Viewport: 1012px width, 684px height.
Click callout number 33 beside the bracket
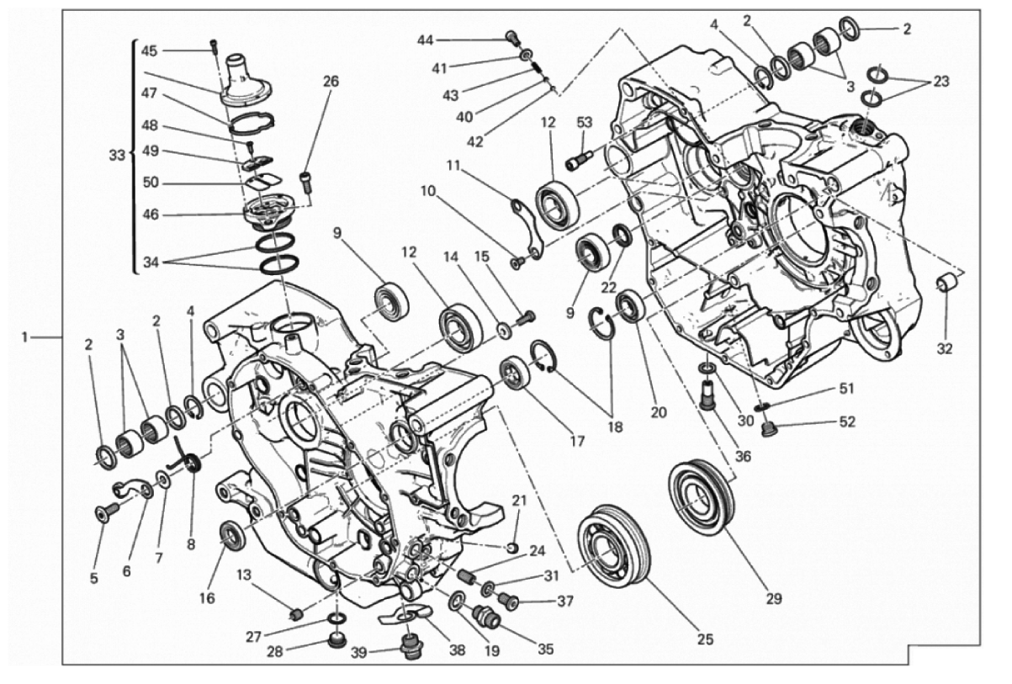coord(117,156)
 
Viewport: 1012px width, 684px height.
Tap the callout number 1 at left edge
coord(25,337)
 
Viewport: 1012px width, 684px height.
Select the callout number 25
coord(705,639)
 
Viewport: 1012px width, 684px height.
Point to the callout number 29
coord(774,599)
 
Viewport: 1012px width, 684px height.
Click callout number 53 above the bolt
coord(584,123)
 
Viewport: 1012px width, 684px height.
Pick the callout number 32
coord(945,348)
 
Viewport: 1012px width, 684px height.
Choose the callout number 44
coord(425,40)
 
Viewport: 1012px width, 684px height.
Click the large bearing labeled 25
coord(614,546)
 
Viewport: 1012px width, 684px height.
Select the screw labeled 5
coord(107,512)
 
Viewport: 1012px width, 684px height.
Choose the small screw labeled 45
coord(214,46)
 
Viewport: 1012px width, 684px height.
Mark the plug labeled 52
coord(766,430)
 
